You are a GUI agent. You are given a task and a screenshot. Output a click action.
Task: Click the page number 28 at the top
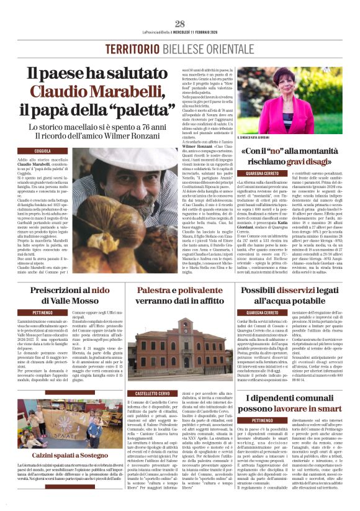click(x=180, y=24)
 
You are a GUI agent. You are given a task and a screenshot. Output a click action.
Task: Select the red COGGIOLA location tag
click(x=43, y=151)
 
